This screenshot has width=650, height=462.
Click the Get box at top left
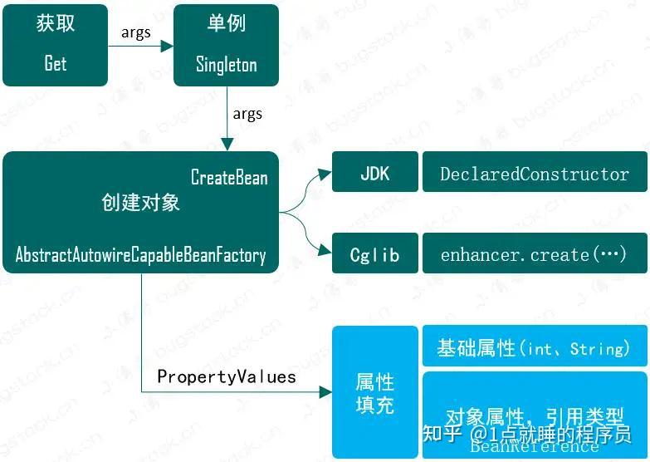pyautogui.click(x=55, y=45)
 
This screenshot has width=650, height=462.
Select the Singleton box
pyautogui.click(x=226, y=45)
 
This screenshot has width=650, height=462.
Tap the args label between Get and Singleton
pyautogui.click(x=136, y=32)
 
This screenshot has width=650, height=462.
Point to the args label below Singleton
pyautogui.click(x=247, y=113)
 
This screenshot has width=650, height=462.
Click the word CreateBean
pyautogui.click(x=229, y=178)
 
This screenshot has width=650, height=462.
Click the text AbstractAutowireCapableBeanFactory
pyautogui.click(x=140, y=255)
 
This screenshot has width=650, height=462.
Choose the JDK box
pyautogui.click(x=375, y=174)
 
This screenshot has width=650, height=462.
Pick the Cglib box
pyautogui.click(x=375, y=254)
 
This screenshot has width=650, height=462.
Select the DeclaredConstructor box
pyautogui.click(x=535, y=174)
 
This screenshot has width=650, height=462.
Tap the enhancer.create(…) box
pyautogui.click(x=535, y=254)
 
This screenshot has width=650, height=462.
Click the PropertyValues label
pyautogui.click(x=227, y=376)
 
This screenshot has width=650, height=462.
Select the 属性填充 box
pyautogui.click(x=375, y=392)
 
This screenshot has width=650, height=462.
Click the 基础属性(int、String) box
pyautogui.click(x=535, y=347)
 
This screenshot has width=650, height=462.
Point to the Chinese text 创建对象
pyautogui.click(x=140, y=202)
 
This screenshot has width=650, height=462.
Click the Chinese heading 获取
pyautogui.click(x=56, y=23)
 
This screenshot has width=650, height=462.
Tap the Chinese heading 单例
pyautogui.click(x=227, y=23)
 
